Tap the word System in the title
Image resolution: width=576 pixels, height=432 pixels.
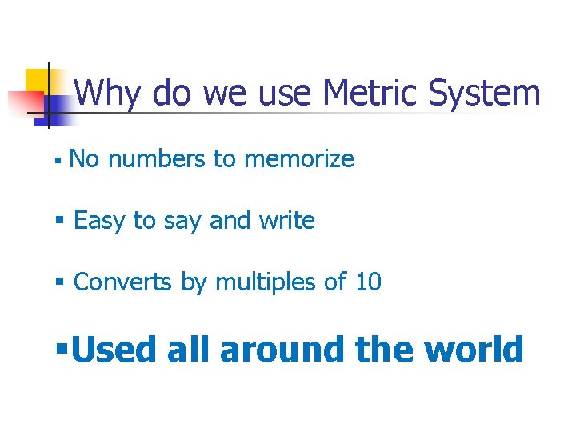point(485,95)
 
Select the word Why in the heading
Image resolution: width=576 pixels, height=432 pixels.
point(109,95)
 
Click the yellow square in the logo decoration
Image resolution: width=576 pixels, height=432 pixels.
point(38,82)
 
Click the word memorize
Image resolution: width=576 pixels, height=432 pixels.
point(298,159)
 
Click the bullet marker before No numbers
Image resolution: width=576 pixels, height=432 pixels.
point(58,161)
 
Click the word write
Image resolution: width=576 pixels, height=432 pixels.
point(286,220)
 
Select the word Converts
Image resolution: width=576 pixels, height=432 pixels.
point(122,282)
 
